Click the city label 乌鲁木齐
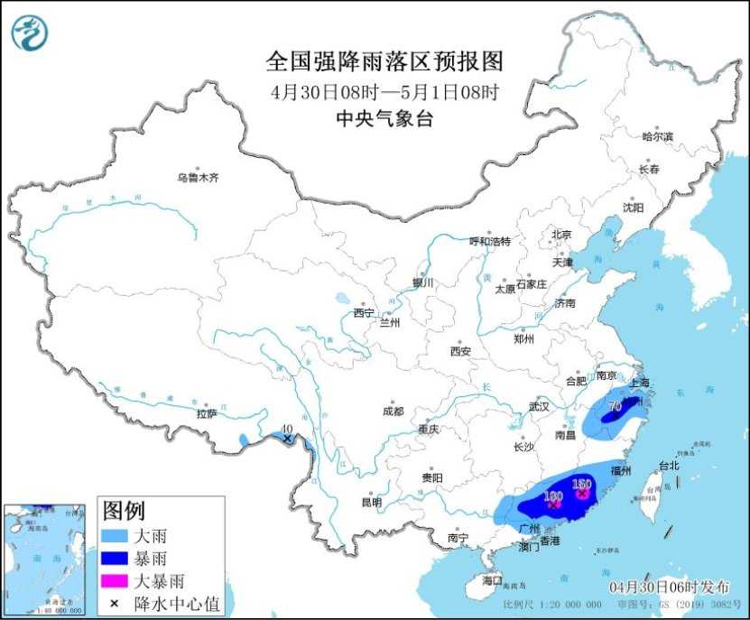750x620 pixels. click(x=198, y=178)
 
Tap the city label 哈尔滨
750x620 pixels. click(x=657, y=136)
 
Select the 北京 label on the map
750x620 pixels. click(x=561, y=234)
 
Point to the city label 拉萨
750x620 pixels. click(x=207, y=413)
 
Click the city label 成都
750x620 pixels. click(x=393, y=411)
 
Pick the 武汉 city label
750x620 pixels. click(x=539, y=406)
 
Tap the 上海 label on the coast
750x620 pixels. click(x=639, y=382)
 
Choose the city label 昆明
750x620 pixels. click(x=372, y=502)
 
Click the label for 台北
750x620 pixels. click(x=668, y=467)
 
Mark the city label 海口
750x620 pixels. click(x=491, y=578)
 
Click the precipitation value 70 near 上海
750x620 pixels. click(x=615, y=406)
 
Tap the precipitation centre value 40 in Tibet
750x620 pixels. click(x=287, y=430)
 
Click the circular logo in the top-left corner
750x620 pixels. click(x=30, y=32)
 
